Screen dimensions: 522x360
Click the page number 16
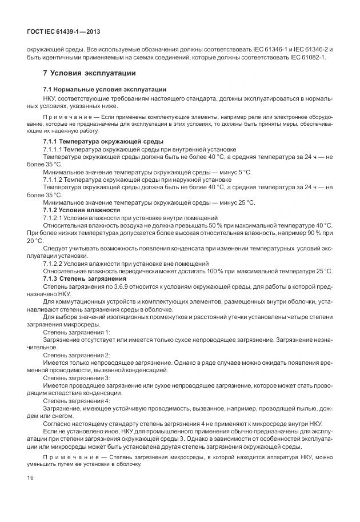pyautogui.click(x=30, y=477)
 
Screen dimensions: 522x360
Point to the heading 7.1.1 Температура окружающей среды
pyautogui.click(x=103, y=141)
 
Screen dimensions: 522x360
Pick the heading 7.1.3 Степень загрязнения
pyautogui.click(x=85, y=278)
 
